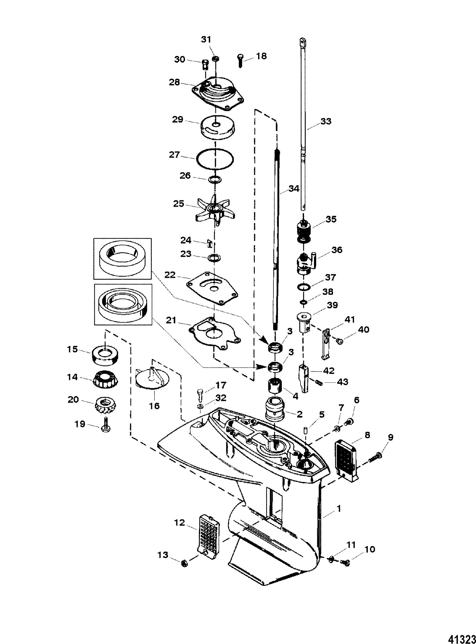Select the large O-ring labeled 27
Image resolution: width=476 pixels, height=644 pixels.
[x=215, y=159]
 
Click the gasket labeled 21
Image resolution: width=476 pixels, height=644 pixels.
[x=215, y=333]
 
